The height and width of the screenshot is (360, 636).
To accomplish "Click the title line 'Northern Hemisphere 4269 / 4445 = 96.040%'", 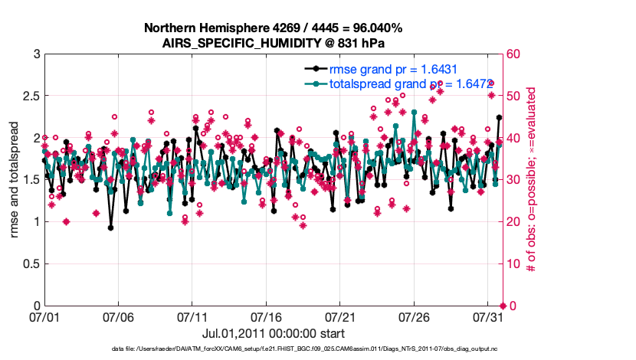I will coord(273,28).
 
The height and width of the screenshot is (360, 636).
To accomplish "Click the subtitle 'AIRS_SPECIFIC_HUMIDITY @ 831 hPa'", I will coord(273,43).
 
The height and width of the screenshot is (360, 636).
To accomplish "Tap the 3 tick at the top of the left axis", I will coord(36,54).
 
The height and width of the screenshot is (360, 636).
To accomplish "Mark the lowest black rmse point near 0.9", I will coord(111,227).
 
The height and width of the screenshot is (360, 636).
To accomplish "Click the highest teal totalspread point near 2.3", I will coord(415,113).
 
